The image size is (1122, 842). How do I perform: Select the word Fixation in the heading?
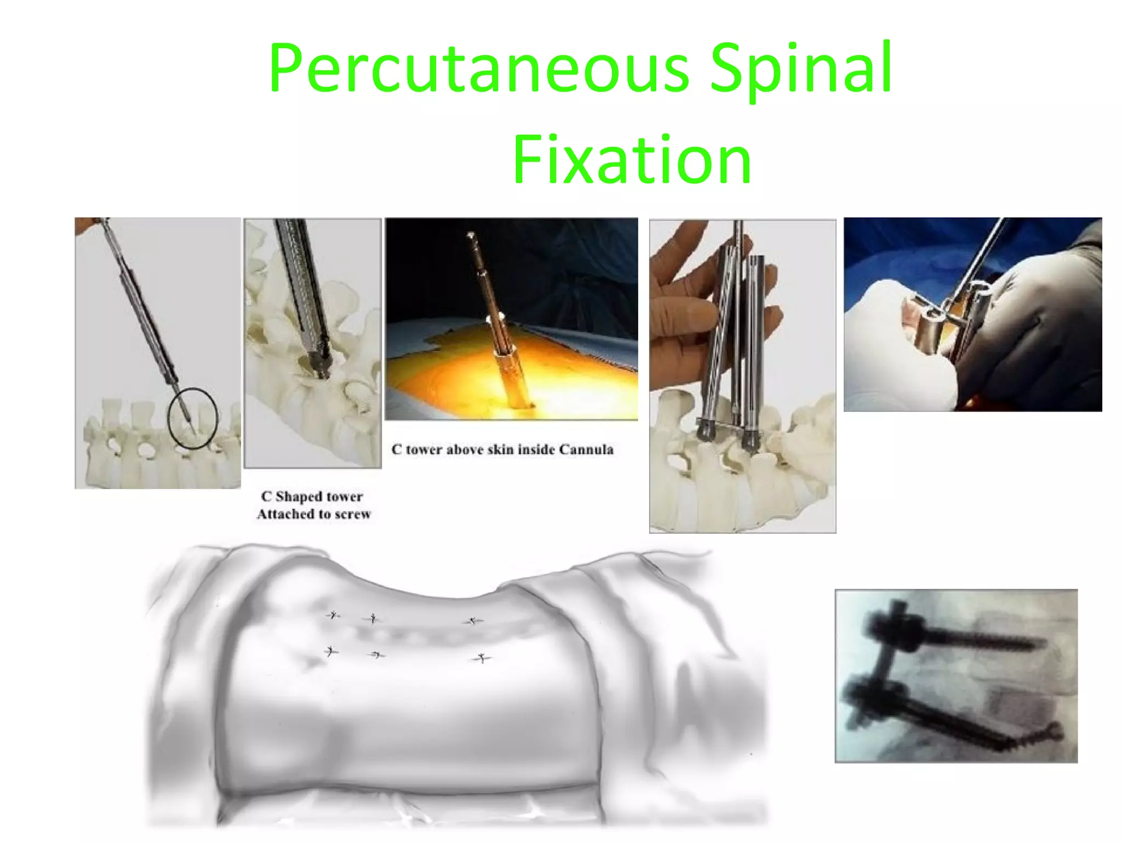coord(632,160)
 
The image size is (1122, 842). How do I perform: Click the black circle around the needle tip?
coord(193,418)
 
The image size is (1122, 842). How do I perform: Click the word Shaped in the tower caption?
coord(299,497)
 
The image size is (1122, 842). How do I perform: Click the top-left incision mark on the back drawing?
coord(333,615)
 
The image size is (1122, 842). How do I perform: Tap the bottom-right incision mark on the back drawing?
coord(481,658)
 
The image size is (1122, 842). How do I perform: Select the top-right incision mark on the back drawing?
coord(472,621)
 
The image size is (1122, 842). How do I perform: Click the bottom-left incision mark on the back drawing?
coord(330,652)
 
